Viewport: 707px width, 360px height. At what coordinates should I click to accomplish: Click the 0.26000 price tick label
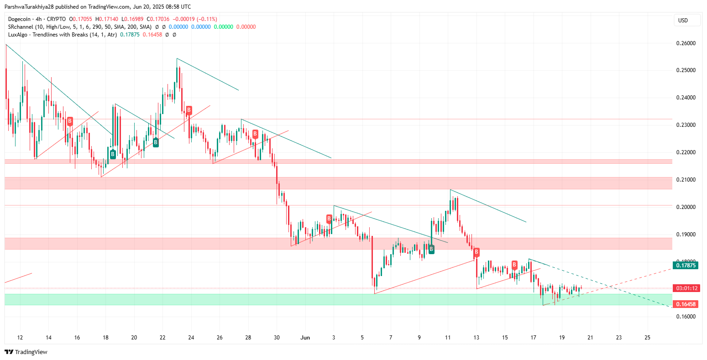click(x=686, y=43)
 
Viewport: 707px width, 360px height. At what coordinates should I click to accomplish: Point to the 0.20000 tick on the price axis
click(x=686, y=207)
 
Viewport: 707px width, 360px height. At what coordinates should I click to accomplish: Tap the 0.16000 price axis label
click(x=686, y=317)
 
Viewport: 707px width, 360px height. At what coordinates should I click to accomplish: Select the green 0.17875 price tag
click(x=686, y=266)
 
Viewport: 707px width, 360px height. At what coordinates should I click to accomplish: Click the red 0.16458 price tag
click(x=686, y=304)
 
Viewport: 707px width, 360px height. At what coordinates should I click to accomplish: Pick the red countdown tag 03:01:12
click(x=686, y=288)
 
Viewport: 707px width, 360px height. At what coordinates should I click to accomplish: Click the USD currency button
click(x=683, y=21)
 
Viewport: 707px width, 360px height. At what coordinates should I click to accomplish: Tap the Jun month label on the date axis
click(x=305, y=338)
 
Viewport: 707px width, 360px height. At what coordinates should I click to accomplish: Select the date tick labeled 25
click(x=647, y=338)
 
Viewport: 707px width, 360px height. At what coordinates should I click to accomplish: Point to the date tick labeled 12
click(x=20, y=338)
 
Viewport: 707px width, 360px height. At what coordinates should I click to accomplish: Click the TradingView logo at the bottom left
click(x=26, y=352)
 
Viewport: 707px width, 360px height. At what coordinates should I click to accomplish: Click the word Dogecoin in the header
click(x=20, y=19)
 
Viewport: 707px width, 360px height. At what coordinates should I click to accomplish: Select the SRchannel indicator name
click(x=21, y=27)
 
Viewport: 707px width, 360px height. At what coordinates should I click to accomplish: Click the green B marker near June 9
click(x=431, y=249)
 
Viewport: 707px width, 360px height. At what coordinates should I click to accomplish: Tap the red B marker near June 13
click(x=477, y=252)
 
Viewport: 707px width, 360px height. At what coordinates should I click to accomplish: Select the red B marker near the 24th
click(x=189, y=110)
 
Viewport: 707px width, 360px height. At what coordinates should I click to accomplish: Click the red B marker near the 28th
click(x=255, y=134)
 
